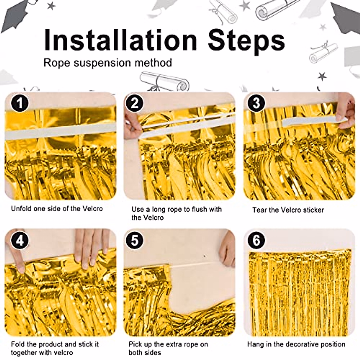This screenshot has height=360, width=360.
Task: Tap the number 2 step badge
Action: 134,103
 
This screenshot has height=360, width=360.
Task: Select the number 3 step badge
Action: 256,103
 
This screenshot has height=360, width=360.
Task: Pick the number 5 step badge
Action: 134,240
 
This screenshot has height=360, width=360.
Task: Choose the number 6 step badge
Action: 256,240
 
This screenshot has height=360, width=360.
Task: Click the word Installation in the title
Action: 120,40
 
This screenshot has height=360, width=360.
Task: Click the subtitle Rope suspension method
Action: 108,63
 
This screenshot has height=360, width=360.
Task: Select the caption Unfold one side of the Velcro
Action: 57,208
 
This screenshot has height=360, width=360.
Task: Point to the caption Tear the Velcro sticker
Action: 288,210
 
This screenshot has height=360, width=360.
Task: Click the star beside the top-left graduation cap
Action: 51,6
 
